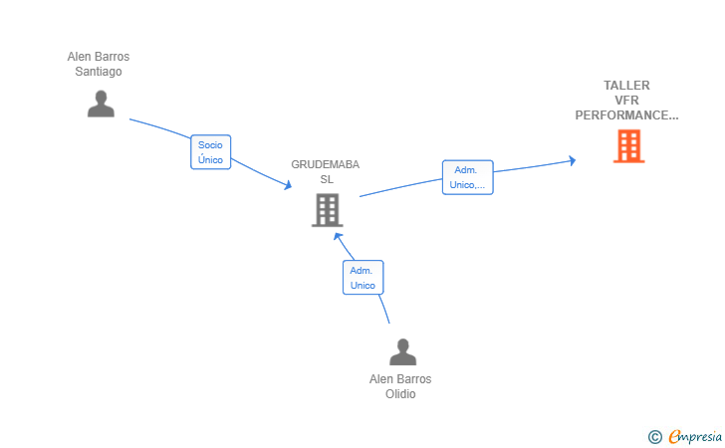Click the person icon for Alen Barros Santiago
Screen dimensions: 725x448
point(101,104)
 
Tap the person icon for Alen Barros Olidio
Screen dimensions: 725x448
point(402,351)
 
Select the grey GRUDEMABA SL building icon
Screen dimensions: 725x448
point(328,210)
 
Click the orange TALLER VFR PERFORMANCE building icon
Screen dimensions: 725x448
point(628,146)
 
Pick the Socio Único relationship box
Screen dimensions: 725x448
point(211,152)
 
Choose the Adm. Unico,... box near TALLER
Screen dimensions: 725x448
point(467,177)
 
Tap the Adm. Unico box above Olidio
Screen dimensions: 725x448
point(362,278)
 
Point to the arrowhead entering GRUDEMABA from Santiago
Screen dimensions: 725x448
point(288,185)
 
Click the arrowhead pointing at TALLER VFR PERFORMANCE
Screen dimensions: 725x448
point(573,160)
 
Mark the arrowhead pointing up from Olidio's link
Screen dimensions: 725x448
point(338,237)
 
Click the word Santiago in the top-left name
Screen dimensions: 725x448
point(99,72)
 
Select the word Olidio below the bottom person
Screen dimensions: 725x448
point(400,394)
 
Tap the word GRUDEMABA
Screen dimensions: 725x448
point(325,164)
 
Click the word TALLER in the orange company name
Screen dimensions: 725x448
point(626,86)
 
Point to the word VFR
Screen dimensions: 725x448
point(626,101)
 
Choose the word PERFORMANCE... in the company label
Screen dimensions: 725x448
point(626,115)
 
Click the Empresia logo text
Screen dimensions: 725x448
point(695,436)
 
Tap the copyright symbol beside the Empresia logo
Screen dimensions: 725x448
point(655,437)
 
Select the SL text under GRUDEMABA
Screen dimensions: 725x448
point(327,179)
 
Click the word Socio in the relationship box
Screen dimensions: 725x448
point(210,144)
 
